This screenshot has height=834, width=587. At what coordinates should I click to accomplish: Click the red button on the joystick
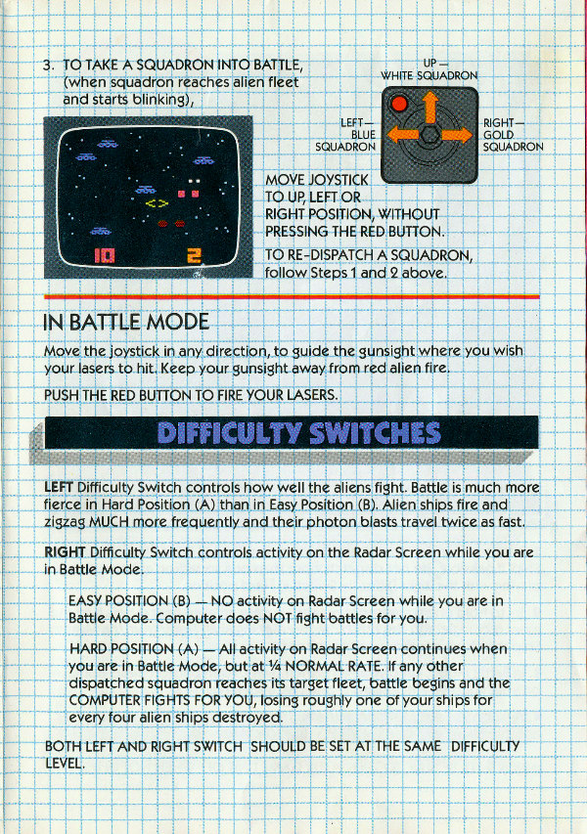pos(398,104)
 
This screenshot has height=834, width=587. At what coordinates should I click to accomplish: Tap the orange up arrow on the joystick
pos(430,107)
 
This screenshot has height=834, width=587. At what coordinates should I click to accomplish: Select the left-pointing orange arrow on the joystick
pos(403,135)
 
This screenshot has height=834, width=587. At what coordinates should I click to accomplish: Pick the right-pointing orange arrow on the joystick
pos(457,135)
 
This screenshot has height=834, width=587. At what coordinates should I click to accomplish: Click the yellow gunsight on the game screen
pos(157,203)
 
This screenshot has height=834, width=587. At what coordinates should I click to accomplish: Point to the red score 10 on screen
pos(105,256)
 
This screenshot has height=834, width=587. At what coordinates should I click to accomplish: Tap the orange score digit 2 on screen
pos(195,256)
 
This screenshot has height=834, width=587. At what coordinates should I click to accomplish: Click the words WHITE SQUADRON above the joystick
pos(429,76)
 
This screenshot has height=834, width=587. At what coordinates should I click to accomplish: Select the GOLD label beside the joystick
pos(498,135)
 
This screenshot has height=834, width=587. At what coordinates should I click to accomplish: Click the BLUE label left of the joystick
pos(363,135)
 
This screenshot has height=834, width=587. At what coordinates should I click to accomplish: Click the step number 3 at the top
pos(48,66)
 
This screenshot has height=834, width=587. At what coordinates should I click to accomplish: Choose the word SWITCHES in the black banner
pos(375,433)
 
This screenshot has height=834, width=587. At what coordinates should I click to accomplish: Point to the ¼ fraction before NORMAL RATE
pos(275,667)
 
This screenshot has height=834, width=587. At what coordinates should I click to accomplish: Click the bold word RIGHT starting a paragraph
pos(65,552)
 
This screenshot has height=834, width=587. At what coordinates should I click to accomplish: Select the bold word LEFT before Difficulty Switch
pos(59,488)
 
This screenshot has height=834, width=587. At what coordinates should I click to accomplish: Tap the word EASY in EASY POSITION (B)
pos(84,601)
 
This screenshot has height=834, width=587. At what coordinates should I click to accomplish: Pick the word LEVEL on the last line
pos(64,764)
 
